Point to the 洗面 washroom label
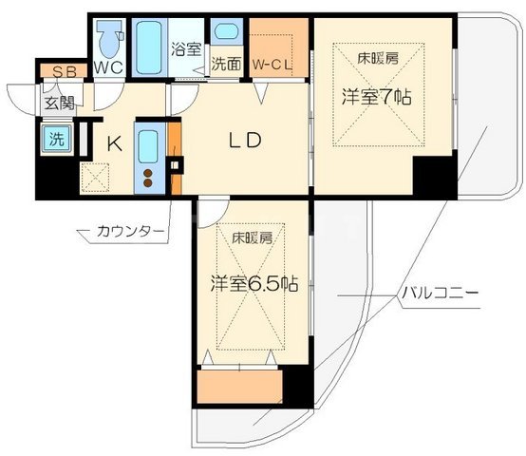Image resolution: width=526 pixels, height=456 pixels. [227, 66]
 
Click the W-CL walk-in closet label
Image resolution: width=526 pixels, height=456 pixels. [272, 65]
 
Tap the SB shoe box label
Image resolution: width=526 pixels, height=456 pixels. [63, 71]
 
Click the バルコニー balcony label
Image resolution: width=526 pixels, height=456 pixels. [438, 293]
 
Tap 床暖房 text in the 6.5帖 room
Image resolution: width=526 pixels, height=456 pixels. [251, 238]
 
